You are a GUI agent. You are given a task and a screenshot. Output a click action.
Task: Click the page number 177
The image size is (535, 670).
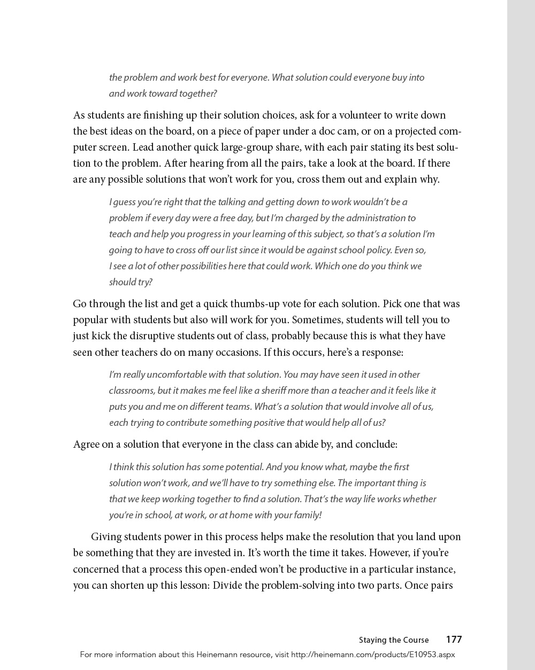click(x=454, y=640)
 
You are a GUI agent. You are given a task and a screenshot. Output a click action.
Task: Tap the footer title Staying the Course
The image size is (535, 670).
click(x=394, y=640)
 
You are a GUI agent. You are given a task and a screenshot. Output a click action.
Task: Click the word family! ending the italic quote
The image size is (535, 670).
click(x=306, y=515)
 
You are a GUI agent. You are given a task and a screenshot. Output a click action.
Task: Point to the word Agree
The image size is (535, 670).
click(x=86, y=445)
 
